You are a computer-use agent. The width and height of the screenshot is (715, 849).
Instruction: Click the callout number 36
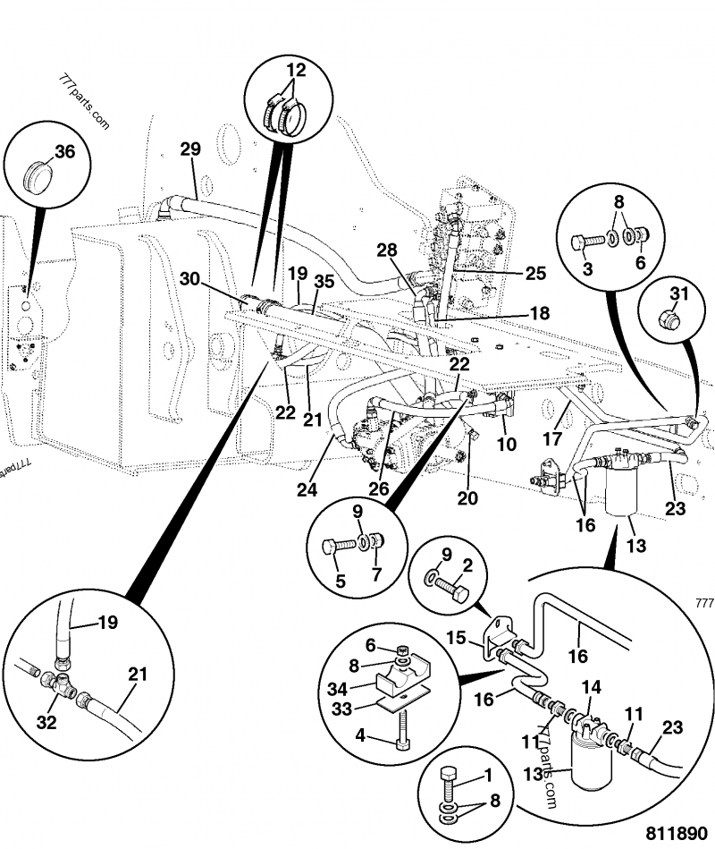[65, 152]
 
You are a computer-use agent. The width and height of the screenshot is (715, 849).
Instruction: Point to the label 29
[190, 149]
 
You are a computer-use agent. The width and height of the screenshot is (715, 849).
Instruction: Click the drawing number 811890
[669, 830]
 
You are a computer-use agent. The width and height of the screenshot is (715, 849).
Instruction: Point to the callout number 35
[324, 281]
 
